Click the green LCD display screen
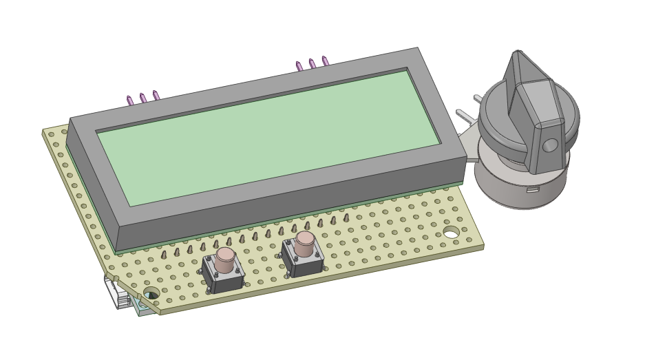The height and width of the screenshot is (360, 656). [268, 138]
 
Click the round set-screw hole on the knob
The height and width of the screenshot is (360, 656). [550, 145]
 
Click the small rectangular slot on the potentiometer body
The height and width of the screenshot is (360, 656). [533, 189]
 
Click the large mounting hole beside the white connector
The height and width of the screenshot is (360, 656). [151, 293]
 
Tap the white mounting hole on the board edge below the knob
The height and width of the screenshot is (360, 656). [451, 234]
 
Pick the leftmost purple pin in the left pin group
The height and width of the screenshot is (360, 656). [129, 100]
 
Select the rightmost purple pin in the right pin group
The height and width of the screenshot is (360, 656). [325, 61]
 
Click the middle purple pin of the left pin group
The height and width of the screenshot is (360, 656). [142, 98]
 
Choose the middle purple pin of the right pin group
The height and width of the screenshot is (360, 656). [312, 64]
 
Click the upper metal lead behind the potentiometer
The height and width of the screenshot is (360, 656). [478, 98]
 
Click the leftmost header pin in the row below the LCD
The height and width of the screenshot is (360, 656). [163, 255]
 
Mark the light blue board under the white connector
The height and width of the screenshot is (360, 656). [145, 310]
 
